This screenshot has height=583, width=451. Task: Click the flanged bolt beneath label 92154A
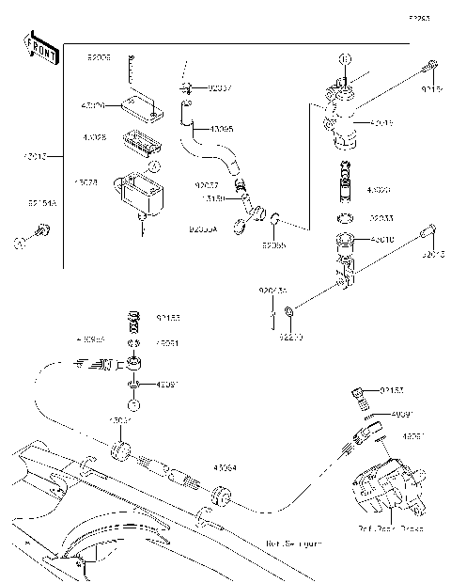40,228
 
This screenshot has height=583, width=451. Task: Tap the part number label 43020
381,190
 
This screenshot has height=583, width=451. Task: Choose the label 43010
381,241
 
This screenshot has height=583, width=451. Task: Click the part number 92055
272,245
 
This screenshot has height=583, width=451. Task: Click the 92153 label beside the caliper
393,388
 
